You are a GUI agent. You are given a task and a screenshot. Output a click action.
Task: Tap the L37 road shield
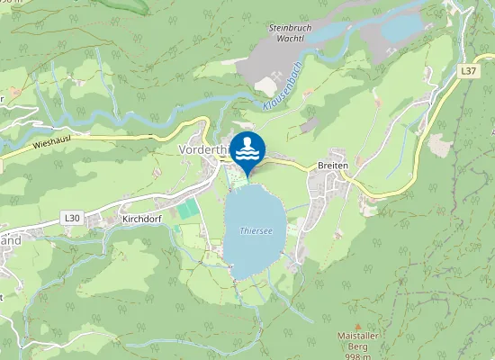pyautogui.click(x=467, y=69)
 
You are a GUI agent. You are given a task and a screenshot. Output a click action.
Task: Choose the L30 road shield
pyautogui.click(x=72, y=217)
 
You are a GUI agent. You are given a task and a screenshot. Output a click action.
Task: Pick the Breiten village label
pyautogui.click(x=332, y=166)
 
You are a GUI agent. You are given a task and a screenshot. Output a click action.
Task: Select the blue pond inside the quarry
pyautogui.click(x=400, y=27)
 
